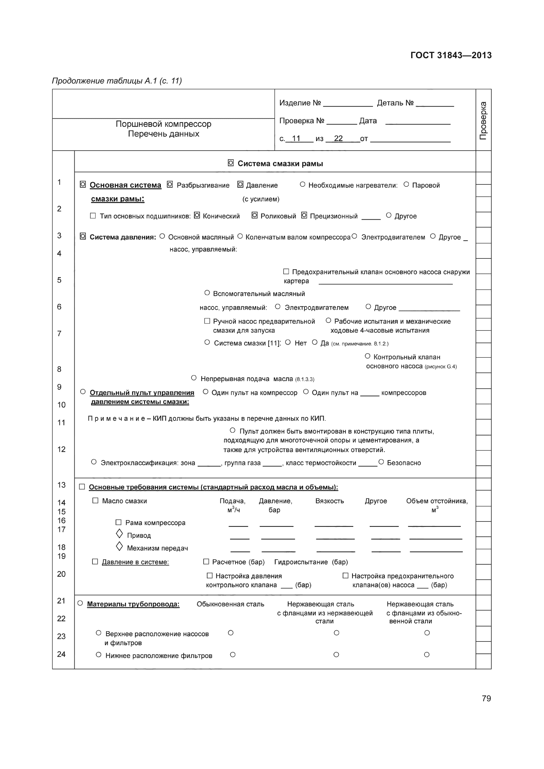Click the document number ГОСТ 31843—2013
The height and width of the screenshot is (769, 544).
click(451, 55)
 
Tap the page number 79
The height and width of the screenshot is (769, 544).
click(486, 698)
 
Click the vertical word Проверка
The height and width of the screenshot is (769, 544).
click(483, 120)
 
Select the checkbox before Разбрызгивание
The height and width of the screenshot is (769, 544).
click(170, 184)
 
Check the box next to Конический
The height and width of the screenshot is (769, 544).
click(197, 215)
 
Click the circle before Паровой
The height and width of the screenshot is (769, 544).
click(406, 184)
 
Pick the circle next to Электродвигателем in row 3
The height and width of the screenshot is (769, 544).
click(355, 236)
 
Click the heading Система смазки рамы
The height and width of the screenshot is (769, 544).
click(280, 164)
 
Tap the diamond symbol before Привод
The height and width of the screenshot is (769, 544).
click(119, 533)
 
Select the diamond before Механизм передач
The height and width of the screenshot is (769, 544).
click(119, 546)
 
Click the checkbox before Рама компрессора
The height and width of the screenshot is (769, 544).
click(118, 522)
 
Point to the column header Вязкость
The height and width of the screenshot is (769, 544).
click(329, 501)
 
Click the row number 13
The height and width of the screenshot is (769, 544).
click(61, 485)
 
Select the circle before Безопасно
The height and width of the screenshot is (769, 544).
click(381, 462)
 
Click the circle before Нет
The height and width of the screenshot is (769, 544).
click(288, 342)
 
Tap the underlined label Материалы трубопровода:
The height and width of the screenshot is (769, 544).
click(133, 604)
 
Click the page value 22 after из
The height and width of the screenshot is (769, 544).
click(338, 138)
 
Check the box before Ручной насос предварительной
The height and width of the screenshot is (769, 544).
click(207, 321)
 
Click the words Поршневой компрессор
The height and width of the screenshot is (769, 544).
click(163, 124)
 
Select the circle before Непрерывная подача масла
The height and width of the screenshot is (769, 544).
click(194, 378)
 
